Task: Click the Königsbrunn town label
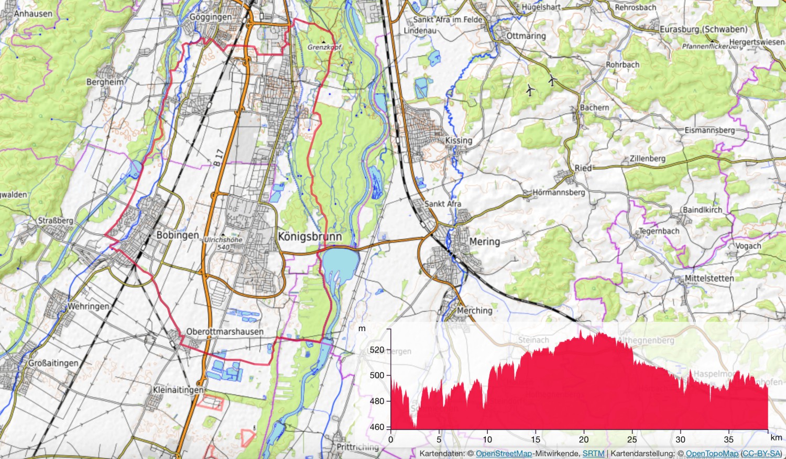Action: [x=309, y=236]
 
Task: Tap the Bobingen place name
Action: [x=178, y=235]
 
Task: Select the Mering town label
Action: [x=484, y=242]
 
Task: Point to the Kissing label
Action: [x=458, y=140]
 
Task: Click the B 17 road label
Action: [x=219, y=158]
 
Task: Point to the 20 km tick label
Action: [x=584, y=440]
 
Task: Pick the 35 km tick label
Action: [x=728, y=440]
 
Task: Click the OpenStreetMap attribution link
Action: [x=503, y=453]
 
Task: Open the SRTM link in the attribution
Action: [x=593, y=453]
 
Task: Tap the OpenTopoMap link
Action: [x=712, y=453]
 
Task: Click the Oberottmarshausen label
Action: [x=225, y=332]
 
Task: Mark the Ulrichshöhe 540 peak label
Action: [x=223, y=243]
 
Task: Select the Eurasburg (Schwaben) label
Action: [x=703, y=29]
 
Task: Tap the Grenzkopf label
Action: [x=324, y=47]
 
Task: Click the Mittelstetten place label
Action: [x=709, y=278]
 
